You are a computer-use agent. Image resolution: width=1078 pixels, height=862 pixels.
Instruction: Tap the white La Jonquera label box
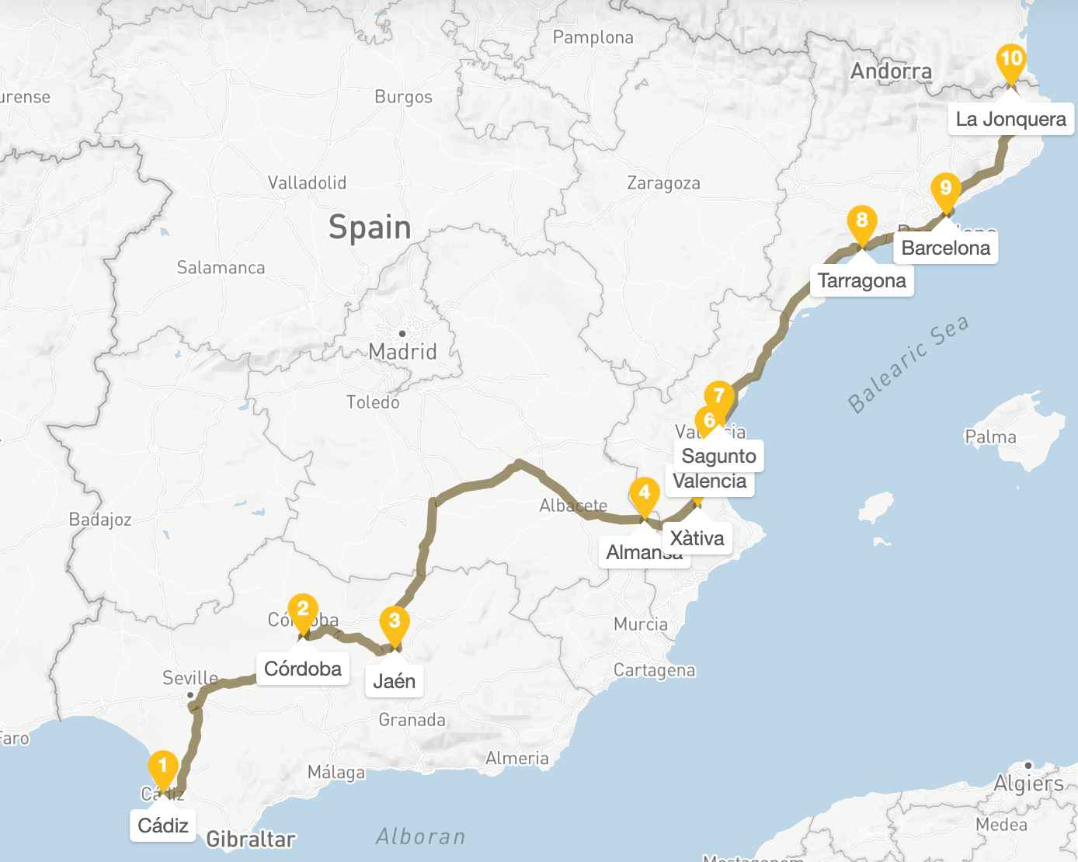1010,119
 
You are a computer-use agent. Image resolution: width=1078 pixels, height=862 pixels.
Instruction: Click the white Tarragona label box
861,280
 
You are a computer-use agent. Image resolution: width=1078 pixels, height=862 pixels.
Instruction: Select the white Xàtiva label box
697,538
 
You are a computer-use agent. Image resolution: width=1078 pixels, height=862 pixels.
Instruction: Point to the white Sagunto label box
718,456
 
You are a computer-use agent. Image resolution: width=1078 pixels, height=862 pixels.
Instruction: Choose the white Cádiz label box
163,825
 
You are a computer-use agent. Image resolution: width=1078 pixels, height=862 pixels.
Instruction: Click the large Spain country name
370,228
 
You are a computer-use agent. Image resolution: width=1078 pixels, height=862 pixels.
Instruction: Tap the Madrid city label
402,351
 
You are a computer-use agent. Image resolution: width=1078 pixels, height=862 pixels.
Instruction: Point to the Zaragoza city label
663,183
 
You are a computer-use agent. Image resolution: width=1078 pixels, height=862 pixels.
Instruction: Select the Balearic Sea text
908,364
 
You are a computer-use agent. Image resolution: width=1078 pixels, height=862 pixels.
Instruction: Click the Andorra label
891,71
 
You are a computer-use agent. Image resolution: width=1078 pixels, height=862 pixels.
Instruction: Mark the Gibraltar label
251,839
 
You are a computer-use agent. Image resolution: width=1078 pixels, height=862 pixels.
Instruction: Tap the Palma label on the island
990,436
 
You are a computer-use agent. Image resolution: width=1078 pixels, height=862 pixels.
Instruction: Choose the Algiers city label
1028,783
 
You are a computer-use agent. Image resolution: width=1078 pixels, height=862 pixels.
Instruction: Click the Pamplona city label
593,37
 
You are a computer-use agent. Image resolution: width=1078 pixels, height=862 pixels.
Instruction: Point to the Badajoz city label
100,519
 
